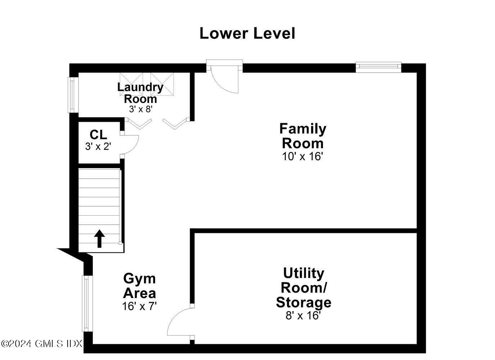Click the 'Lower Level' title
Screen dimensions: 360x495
pos(247,33)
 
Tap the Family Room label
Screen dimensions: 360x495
pos(303,136)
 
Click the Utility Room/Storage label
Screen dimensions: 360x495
pos(303,288)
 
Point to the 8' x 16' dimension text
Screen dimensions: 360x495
pos(303,316)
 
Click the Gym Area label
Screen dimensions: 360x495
pos(139,286)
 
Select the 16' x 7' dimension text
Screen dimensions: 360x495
pos(139,306)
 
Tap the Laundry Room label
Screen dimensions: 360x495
pos(140,93)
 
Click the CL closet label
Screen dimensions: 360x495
pos(98,135)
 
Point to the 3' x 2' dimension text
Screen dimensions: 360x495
pos(98,147)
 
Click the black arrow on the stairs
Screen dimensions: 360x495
pos(99,239)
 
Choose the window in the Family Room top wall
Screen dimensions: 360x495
pos(378,67)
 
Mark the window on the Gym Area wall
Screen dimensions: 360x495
pos(86,303)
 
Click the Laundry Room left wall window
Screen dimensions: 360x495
pos(72,95)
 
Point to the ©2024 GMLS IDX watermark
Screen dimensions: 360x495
pos(42,343)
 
